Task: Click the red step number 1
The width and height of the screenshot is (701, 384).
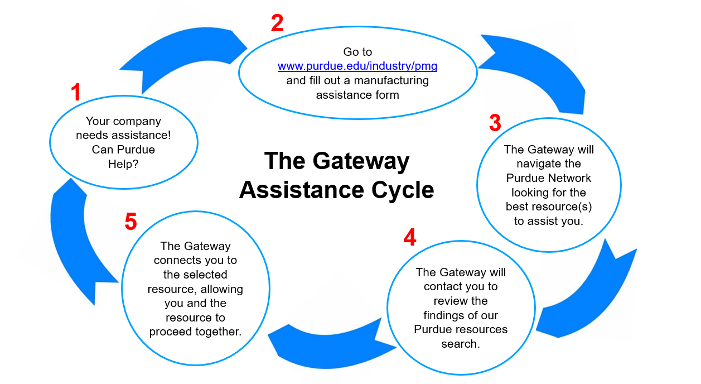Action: pos(76,93)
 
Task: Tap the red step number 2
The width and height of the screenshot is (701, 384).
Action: pos(277,23)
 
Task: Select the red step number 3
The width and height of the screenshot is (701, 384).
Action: pos(495,123)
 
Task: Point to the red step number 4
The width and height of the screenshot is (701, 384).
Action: pos(409,238)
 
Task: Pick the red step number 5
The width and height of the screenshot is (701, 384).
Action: pos(130,222)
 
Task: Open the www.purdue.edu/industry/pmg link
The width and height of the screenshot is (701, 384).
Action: pos(357,66)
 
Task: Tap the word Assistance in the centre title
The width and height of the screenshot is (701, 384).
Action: pos(297,190)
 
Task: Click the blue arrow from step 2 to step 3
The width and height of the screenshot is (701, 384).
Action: pos(535,67)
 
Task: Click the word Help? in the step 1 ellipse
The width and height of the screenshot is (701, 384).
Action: pos(123,165)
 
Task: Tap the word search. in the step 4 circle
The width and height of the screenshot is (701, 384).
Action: pos(461,344)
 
